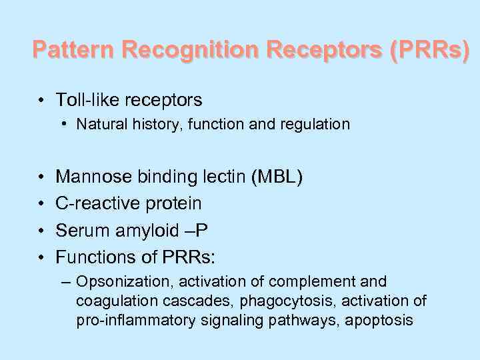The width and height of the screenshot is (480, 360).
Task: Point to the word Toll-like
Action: pyautogui.click(x=83, y=100)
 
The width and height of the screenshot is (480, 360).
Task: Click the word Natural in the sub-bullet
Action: pyautogui.click(x=99, y=124)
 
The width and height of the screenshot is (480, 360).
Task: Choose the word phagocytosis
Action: pyautogui.click(x=257, y=301)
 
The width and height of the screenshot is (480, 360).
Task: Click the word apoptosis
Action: pyautogui.click(x=382, y=321)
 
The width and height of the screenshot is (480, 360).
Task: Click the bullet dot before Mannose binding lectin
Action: pyautogui.click(x=41, y=177)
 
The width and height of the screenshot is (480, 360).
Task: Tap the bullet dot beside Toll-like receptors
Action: pyautogui.click(x=41, y=101)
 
